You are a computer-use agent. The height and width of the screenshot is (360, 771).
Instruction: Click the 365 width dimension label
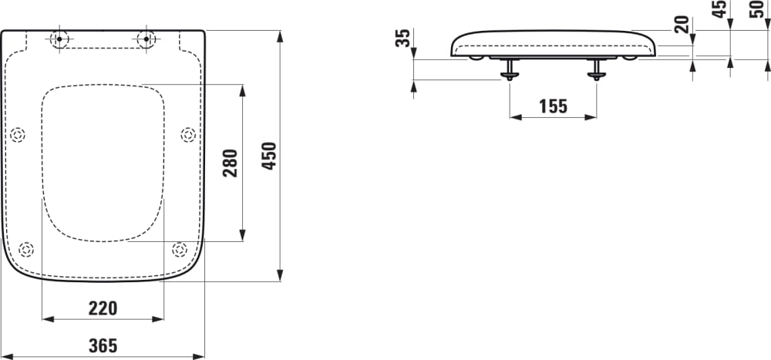(102, 346)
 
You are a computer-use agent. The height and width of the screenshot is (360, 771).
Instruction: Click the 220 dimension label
(103, 309)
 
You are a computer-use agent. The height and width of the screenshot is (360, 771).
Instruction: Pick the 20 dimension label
(681, 25)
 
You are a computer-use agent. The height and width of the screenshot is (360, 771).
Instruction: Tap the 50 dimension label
(756, 10)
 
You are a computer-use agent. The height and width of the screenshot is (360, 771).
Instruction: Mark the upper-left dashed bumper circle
(18, 135)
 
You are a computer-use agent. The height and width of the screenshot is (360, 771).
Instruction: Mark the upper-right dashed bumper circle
(187, 135)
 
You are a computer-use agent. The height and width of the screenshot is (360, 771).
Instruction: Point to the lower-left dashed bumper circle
(26, 249)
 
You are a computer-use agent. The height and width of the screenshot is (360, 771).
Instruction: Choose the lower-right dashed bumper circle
(179, 249)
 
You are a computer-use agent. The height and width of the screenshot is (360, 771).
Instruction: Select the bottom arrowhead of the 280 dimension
(242, 235)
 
